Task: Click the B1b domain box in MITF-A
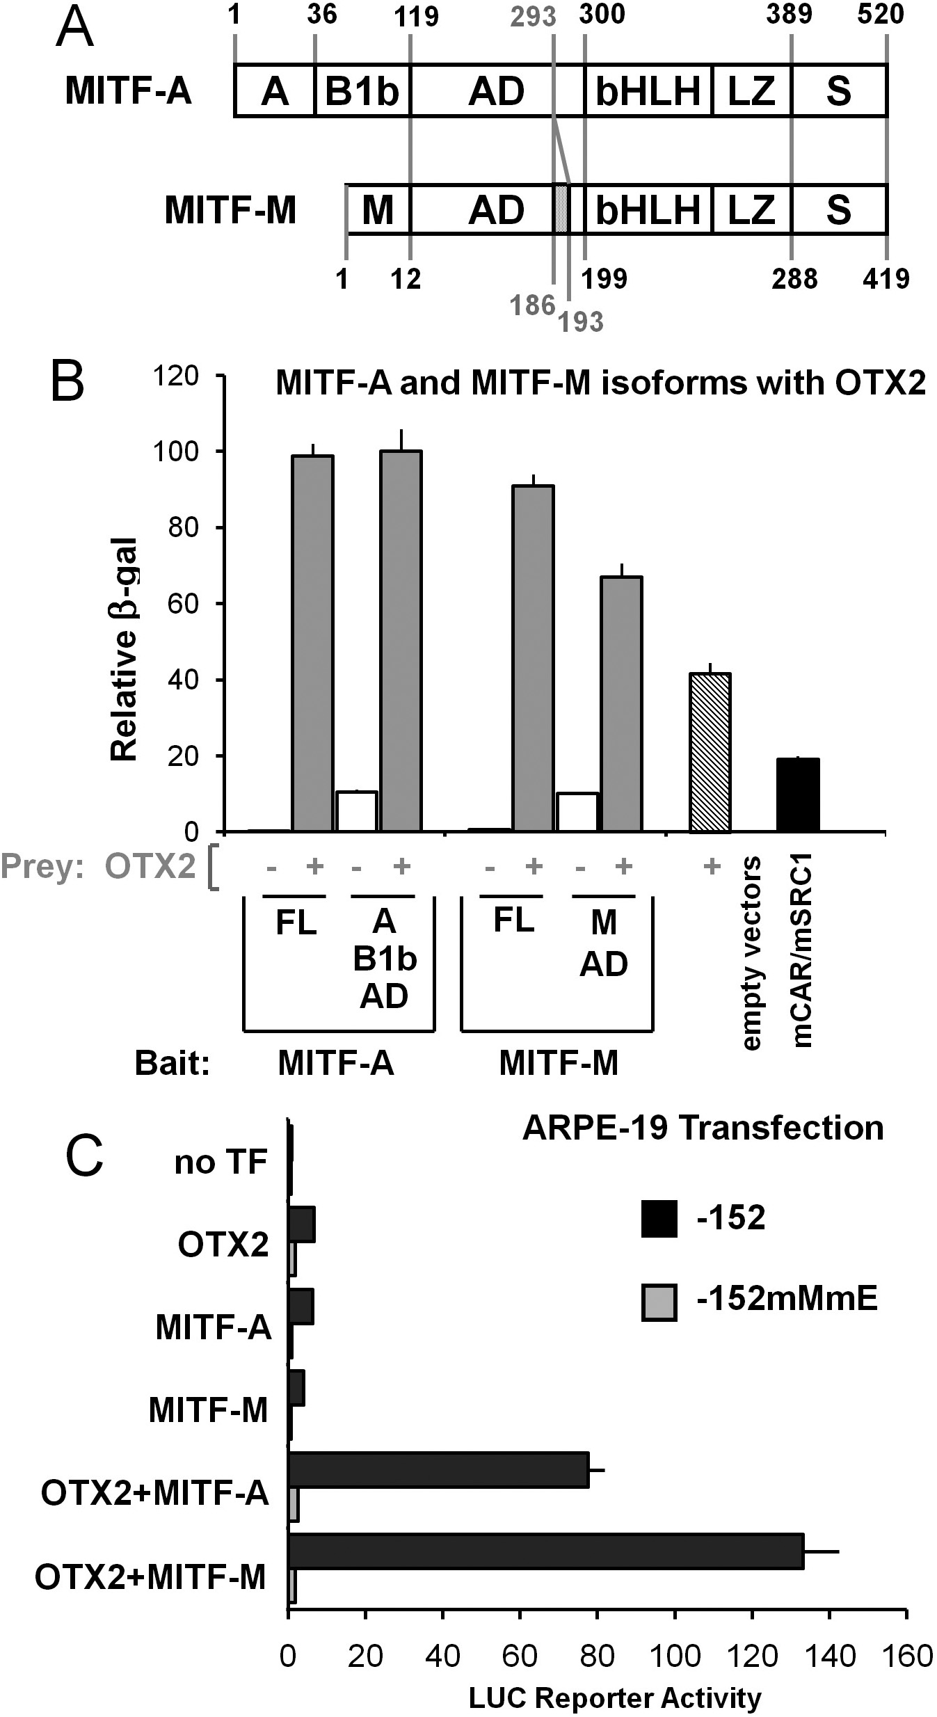[x=362, y=91]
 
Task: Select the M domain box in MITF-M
[x=378, y=209]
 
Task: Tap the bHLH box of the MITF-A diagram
[x=648, y=91]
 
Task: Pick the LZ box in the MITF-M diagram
[x=751, y=209]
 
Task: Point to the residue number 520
[x=881, y=14]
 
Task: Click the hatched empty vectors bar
[x=710, y=752]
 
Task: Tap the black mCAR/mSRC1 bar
[x=798, y=794]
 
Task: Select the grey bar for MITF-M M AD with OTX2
[x=622, y=703]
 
